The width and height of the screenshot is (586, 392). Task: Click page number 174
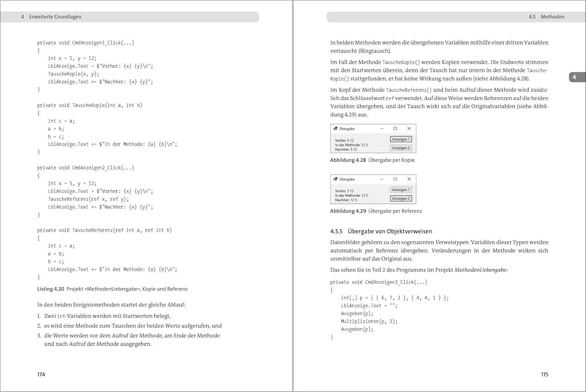(41, 374)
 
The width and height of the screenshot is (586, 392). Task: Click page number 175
(545, 374)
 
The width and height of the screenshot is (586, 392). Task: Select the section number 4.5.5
(336, 231)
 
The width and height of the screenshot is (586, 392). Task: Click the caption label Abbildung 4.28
(348, 160)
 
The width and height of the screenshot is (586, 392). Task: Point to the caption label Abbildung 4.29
(348, 211)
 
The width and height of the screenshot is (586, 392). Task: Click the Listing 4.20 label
(50, 289)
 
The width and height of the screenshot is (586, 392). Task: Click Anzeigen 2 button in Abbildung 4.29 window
(401, 198)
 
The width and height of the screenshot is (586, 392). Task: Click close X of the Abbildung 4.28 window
(409, 128)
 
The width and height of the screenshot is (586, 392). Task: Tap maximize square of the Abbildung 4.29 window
(395, 179)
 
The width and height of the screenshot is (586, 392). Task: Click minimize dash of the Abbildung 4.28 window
(382, 128)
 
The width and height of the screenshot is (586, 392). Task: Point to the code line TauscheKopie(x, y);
(73, 74)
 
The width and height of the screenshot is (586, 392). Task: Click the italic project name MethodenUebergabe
(480, 270)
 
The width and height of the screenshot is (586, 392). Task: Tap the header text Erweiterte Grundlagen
(55, 17)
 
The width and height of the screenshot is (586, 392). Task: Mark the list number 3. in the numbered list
(39, 335)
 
